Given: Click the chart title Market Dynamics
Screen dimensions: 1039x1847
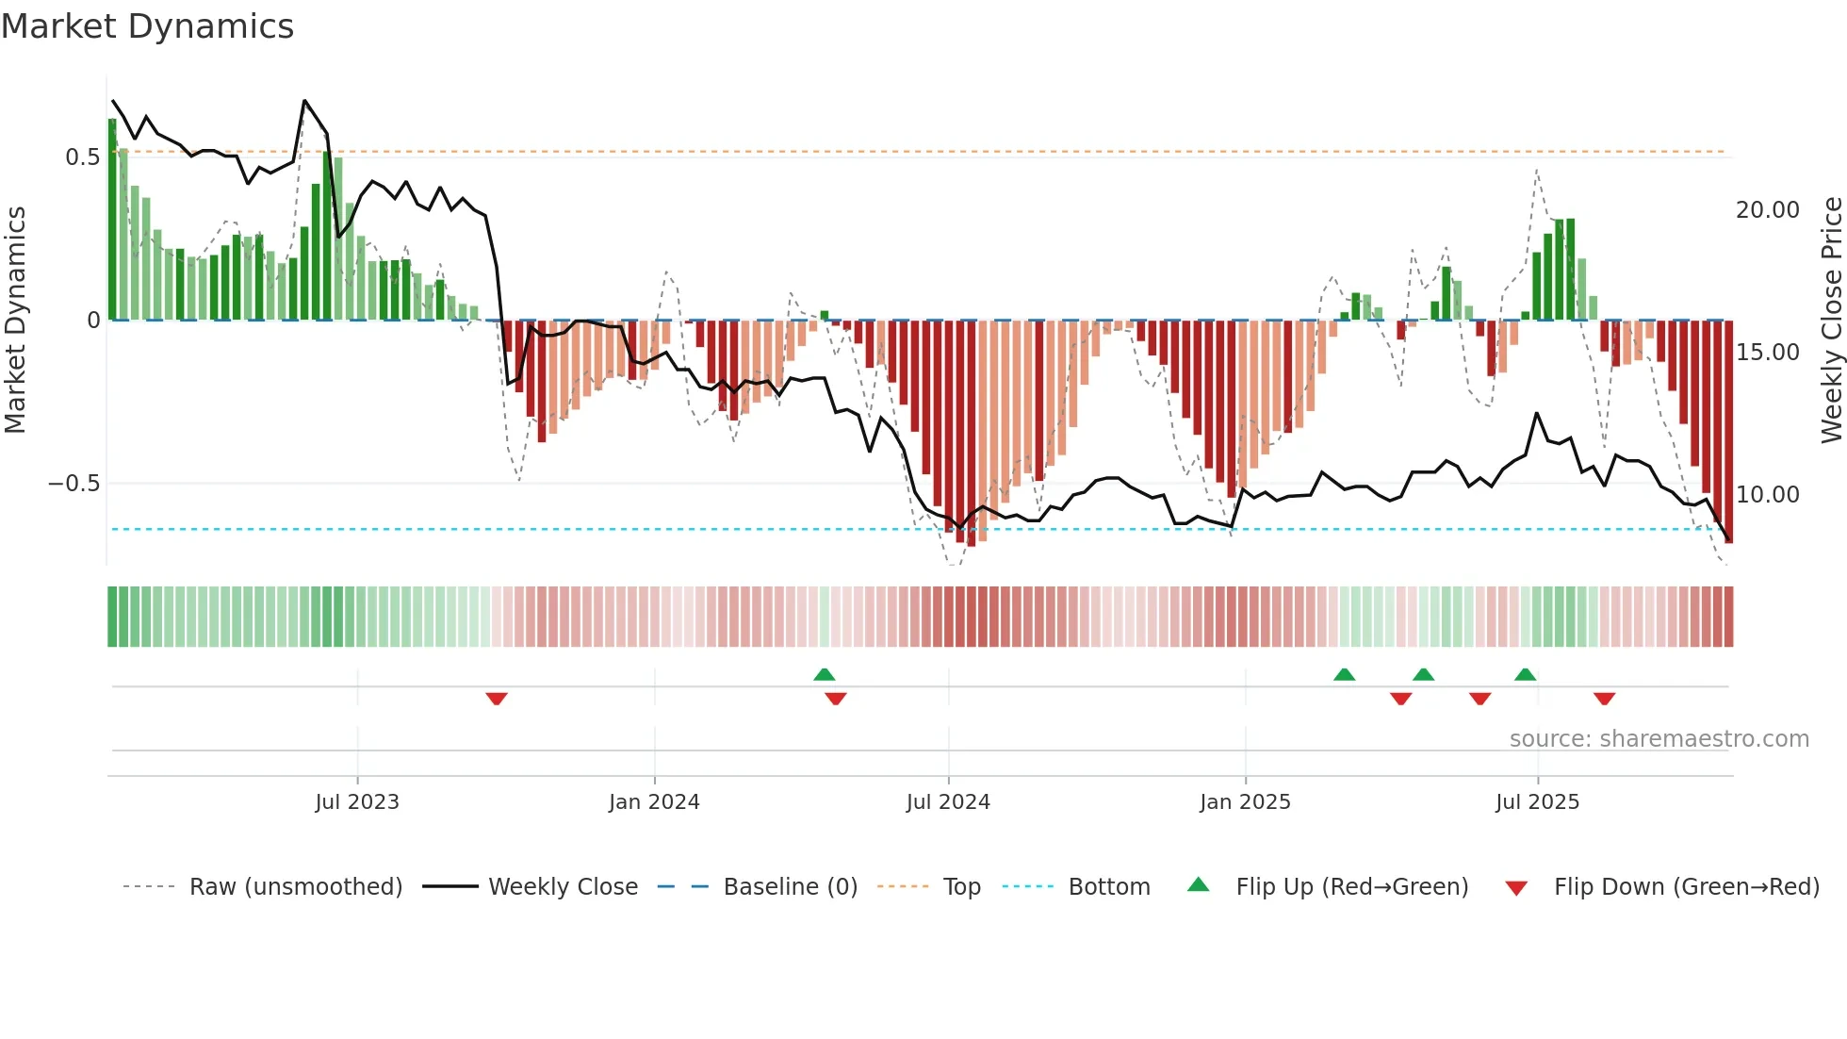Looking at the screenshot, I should (147, 26).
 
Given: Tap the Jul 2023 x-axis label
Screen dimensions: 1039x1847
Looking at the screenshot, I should (357, 802).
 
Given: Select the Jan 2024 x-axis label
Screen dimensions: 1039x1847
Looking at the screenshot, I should (654, 802).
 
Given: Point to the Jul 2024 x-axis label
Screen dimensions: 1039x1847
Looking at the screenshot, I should (948, 802).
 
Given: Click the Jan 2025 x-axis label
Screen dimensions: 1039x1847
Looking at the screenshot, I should (1245, 802).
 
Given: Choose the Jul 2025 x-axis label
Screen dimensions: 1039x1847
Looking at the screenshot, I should (1537, 802).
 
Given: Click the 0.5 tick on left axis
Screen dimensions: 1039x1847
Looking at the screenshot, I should (82, 157).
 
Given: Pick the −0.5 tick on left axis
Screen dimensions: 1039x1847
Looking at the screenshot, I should (74, 484).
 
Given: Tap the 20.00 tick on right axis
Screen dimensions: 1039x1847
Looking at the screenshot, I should (1767, 210).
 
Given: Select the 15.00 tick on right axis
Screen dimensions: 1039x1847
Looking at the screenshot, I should (1767, 353).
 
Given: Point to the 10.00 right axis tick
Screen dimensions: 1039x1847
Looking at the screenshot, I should (1767, 495).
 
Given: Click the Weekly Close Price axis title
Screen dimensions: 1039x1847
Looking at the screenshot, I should (1831, 321).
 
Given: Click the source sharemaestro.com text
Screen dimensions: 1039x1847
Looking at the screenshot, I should (1659, 739).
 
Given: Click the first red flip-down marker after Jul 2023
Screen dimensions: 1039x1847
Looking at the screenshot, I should (497, 699).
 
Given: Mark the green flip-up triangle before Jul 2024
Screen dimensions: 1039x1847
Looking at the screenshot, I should (825, 674).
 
